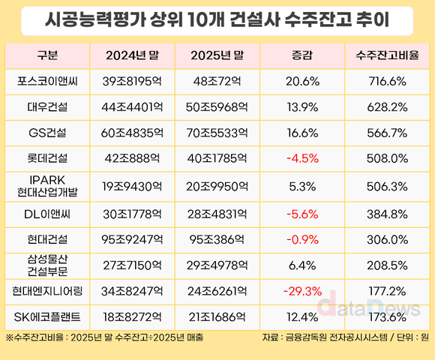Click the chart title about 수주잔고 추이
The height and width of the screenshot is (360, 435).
coord(217,21)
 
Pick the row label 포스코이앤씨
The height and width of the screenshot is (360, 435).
coord(46,80)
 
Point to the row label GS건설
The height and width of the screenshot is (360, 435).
coord(46,133)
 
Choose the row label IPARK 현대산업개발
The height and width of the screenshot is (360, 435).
coord(46,184)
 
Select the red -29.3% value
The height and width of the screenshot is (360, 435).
coord(303,290)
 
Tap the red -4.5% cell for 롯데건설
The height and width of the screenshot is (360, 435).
coord(303,159)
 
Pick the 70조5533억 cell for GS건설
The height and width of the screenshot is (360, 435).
coord(217,133)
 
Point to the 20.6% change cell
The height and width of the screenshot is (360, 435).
coord(303,80)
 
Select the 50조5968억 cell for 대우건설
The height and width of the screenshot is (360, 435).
coord(217,106)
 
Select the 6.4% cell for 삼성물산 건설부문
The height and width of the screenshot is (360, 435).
coord(303,264)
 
